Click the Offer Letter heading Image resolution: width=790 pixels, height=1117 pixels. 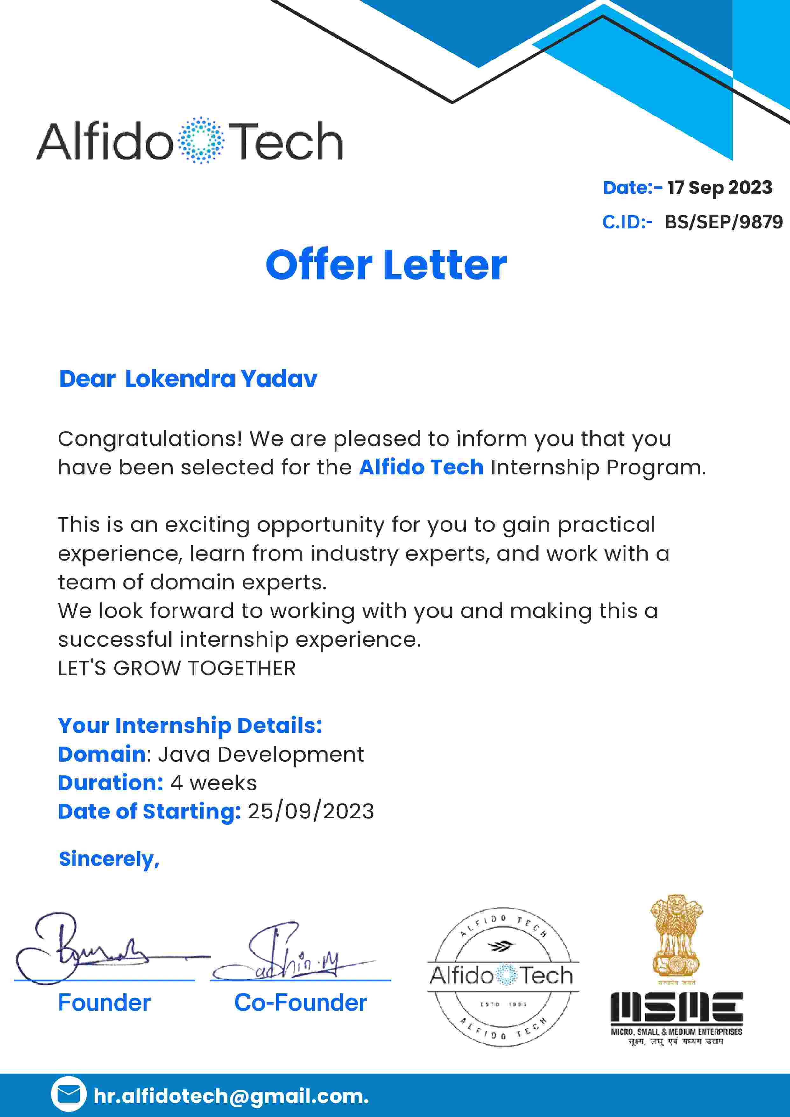point(386,265)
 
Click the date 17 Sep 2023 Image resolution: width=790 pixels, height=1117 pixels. point(719,188)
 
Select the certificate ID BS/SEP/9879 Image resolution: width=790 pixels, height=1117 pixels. point(724,222)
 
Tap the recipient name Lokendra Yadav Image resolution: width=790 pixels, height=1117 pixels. point(221,379)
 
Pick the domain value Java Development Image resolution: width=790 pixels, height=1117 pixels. point(261,755)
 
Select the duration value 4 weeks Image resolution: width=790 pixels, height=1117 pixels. point(213,783)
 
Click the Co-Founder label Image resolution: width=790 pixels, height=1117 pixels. point(300,1003)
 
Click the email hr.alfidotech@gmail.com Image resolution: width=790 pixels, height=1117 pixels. point(231,1096)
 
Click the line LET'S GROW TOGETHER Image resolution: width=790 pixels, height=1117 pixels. point(177,668)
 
